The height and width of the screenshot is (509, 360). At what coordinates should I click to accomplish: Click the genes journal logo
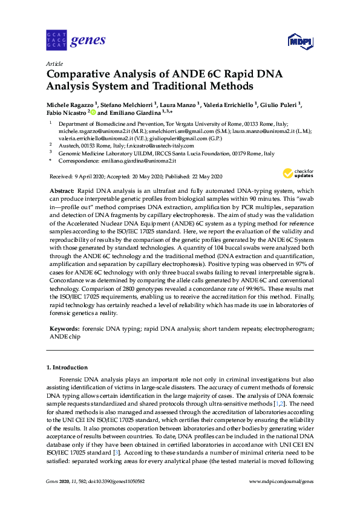click(76, 41)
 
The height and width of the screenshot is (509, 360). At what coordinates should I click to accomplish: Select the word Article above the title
click(54, 63)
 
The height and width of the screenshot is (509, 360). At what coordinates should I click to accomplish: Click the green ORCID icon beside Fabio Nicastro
click(93, 112)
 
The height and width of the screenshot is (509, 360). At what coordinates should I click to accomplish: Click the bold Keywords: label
click(65, 329)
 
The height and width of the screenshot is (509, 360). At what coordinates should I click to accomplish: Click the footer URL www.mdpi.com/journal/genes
click(281, 481)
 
